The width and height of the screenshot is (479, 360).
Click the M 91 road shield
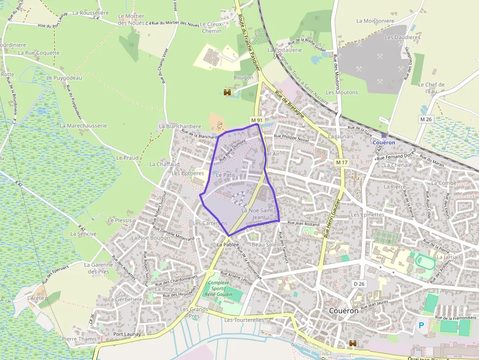257,120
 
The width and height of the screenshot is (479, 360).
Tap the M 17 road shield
341,162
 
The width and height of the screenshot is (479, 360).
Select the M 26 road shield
426,119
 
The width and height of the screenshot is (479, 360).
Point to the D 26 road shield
359,284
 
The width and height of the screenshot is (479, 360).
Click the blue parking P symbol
421,325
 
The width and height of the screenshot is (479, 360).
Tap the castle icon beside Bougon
227,92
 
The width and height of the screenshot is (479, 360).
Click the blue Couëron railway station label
384,143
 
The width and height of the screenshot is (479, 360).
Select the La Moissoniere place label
375,21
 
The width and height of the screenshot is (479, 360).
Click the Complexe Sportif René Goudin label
218,289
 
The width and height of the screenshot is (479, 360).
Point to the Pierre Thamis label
79,339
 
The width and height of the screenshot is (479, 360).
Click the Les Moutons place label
342,92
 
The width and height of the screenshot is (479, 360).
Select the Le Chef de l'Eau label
431,87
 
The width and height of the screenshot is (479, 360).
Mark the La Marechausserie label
83,126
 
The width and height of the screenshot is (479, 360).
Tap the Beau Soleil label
265,244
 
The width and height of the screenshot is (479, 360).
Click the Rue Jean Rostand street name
304,224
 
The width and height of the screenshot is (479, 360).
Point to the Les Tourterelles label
244,320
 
